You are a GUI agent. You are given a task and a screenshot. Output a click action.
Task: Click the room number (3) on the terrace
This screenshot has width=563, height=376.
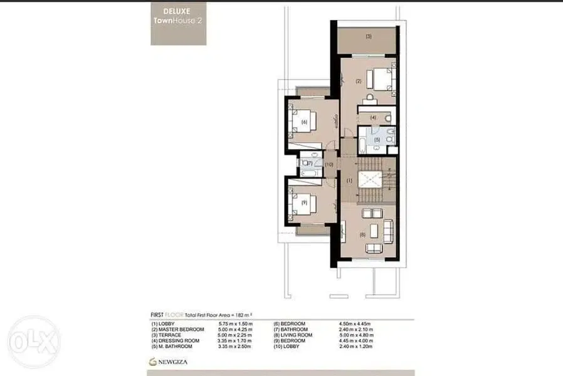tap(369, 36)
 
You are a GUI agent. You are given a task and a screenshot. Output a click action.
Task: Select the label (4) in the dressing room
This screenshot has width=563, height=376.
tap(372, 117)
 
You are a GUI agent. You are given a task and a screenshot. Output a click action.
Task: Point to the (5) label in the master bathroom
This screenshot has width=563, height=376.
tap(377, 140)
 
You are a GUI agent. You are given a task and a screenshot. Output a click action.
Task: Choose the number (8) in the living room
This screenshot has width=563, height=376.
tap(362, 235)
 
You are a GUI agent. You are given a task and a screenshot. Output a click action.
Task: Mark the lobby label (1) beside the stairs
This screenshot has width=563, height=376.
tap(350, 181)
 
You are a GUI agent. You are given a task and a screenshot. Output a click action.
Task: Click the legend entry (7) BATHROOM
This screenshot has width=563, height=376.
tap(292, 329)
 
